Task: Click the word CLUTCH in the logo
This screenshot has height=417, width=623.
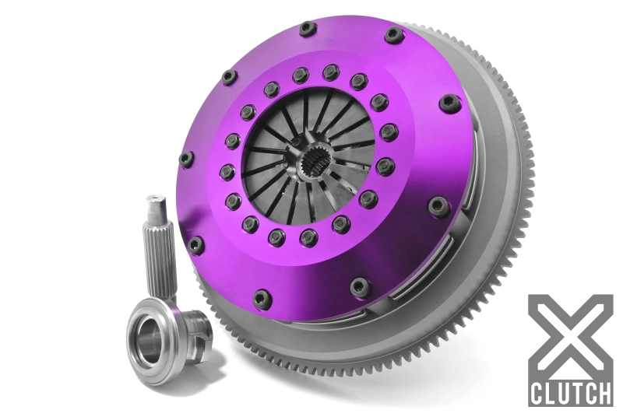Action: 569,392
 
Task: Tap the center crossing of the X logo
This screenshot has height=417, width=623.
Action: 570,335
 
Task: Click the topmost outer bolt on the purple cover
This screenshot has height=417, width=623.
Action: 308,29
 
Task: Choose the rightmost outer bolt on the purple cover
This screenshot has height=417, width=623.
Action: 450,102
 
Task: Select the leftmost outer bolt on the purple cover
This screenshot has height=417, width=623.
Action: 186,159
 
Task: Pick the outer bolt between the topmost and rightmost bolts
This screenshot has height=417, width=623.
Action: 394,35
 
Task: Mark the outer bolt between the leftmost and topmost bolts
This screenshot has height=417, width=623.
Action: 229,76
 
